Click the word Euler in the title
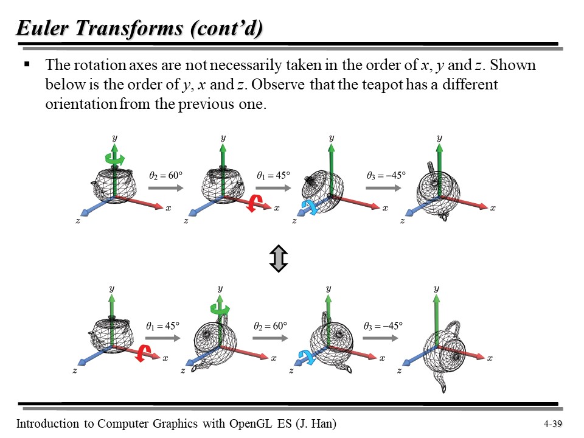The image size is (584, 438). [43, 28]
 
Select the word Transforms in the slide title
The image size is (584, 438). [130, 28]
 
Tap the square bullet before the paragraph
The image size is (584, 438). [27, 64]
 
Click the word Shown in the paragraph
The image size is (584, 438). [512, 65]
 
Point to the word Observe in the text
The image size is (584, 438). [278, 85]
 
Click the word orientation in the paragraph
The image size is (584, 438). [81, 104]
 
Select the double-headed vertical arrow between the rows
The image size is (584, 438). [279, 258]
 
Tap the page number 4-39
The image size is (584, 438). [553, 424]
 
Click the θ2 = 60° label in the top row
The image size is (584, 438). [165, 175]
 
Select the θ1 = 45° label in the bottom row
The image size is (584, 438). [163, 326]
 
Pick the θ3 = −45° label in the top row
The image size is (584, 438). [386, 175]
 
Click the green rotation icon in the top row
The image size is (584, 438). [115, 159]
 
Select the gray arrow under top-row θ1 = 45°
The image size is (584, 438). [273, 187]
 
